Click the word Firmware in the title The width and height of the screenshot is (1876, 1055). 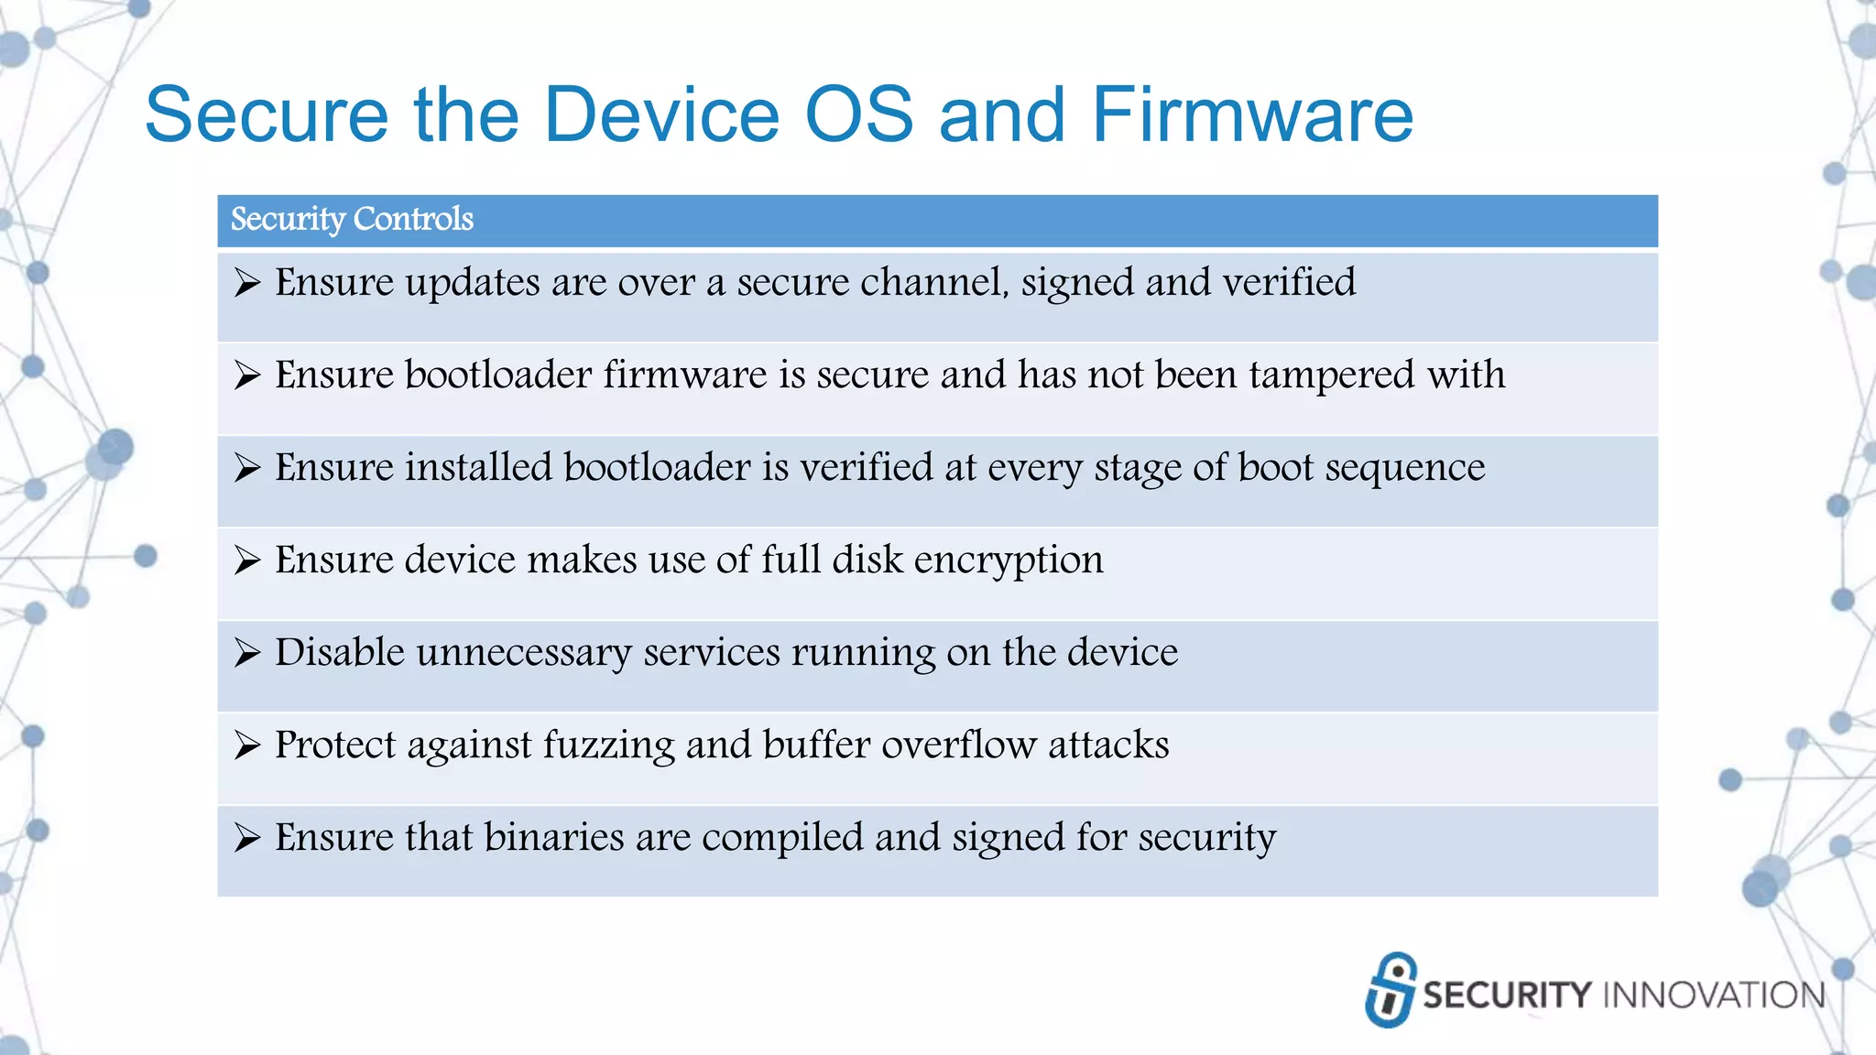(x=1252, y=115)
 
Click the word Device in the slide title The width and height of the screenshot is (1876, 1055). (x=661, y=115)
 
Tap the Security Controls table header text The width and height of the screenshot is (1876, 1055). (x=352, y=220)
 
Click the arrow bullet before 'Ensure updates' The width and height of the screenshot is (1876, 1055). (x=246, y=282)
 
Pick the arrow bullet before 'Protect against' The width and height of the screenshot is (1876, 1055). (x=246, y=745)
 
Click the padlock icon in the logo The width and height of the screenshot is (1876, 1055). (x=1391, y=990)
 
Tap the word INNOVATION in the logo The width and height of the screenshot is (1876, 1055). (x=1715, y=995)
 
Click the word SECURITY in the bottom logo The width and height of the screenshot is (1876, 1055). (x=1507, y=995)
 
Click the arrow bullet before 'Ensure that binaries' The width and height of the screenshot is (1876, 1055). (x=246, y=837)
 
